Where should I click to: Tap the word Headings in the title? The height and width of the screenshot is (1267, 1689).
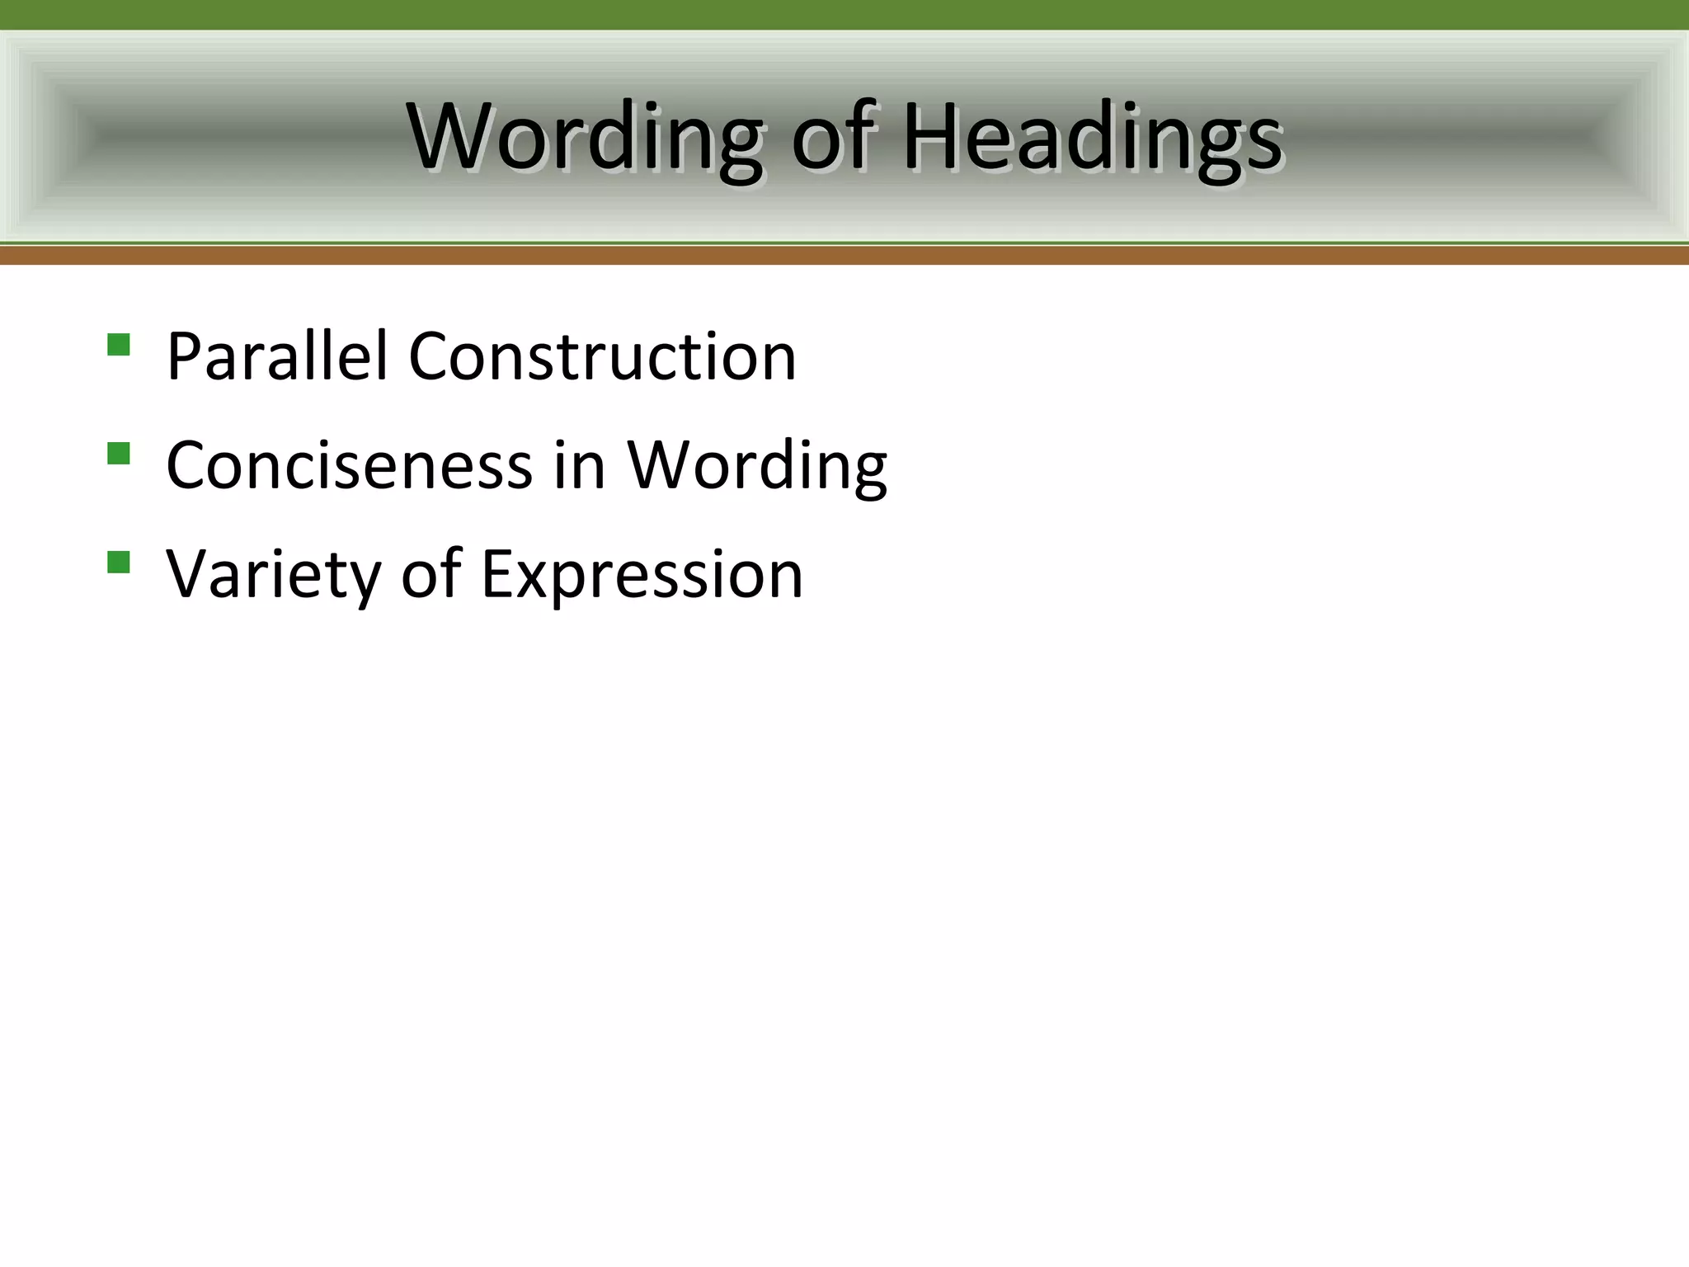coord(1093,139)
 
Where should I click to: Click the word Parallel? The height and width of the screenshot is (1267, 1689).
coord(276,356)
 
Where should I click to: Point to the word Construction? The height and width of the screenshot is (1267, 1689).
coord(602,356)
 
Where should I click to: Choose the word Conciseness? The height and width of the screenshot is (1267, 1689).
coord(349,466)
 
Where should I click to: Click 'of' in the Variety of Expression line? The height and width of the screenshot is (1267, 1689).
coord(430,573)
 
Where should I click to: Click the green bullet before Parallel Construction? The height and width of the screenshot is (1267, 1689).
coord(119,344)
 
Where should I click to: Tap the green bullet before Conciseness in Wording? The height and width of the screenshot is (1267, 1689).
coord(119,454)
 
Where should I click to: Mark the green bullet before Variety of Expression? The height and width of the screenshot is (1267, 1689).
coord(119,563)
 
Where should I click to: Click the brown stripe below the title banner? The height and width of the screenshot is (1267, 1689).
coord(844,256)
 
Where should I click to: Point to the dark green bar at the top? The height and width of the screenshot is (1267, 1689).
coord(844,14)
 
